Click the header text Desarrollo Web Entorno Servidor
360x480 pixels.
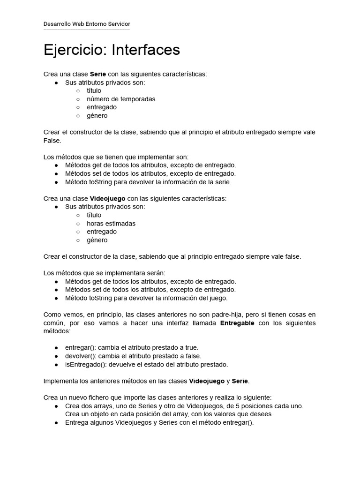(87, 24)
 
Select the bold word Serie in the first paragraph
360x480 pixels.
(97, 74)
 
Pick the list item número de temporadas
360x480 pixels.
(121, 99)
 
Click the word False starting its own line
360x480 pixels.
(52, 141)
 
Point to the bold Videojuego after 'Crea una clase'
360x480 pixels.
(107, 198)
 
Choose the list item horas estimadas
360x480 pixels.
(111, 224)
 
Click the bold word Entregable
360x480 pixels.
(237, 323)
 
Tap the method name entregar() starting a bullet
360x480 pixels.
(80, 347)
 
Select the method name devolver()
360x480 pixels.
(80, 356)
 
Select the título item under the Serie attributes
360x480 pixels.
(94, 90)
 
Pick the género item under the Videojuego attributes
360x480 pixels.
(97, 240)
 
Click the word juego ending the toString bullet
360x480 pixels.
(218, 298)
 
